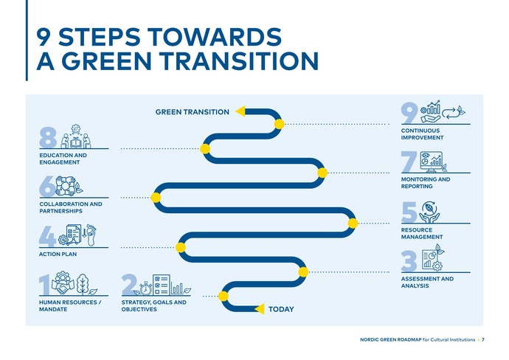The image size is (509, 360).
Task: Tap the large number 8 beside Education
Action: (x=48, y=138)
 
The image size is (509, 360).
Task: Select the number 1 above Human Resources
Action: (x=45, y=285)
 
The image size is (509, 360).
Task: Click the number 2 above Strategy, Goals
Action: (x=128, y=285)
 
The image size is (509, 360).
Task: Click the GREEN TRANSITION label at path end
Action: (x=192, y=112)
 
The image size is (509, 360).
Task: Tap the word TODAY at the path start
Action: (x=281, y=309)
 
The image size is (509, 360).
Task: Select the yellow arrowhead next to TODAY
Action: (x=259, y=308)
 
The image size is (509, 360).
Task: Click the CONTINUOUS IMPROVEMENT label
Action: (x=423, y=134)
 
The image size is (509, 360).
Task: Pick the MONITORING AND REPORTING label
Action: (x=425, y=183)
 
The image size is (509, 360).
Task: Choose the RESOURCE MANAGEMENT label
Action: (x=422, y=233)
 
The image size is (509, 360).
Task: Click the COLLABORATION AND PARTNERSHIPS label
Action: (x=70, y=207)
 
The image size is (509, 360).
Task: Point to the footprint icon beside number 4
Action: (x=91, y=235)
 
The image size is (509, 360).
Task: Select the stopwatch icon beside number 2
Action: (x=145, y=288)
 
